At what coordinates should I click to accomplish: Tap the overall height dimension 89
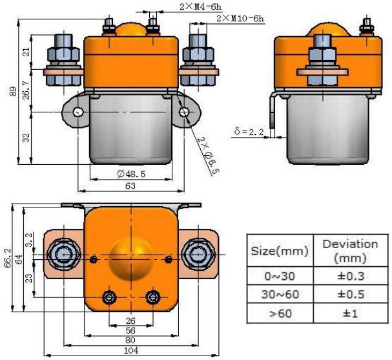[13, 92]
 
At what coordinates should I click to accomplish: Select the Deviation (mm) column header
[349, 250]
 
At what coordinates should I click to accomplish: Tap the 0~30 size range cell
[280, 276]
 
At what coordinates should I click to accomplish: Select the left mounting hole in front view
[77, 112]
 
